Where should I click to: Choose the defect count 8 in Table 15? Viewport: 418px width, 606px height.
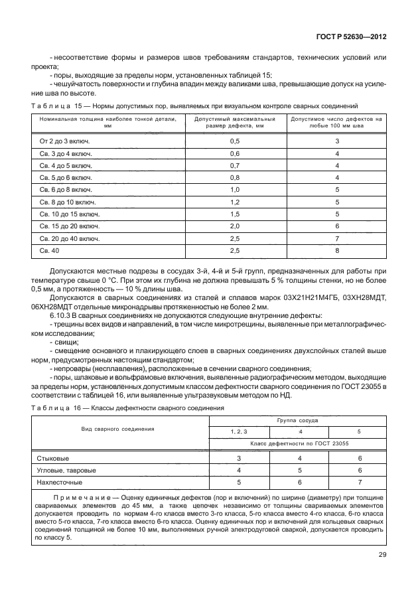click(x=337, y=250)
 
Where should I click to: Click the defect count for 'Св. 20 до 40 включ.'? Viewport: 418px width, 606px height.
click(x=337, y=238)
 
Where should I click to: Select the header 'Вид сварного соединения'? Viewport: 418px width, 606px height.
click(x=118, y=429)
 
